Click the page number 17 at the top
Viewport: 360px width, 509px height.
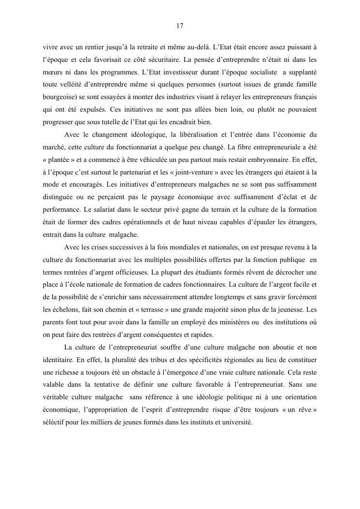coord(180,26)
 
